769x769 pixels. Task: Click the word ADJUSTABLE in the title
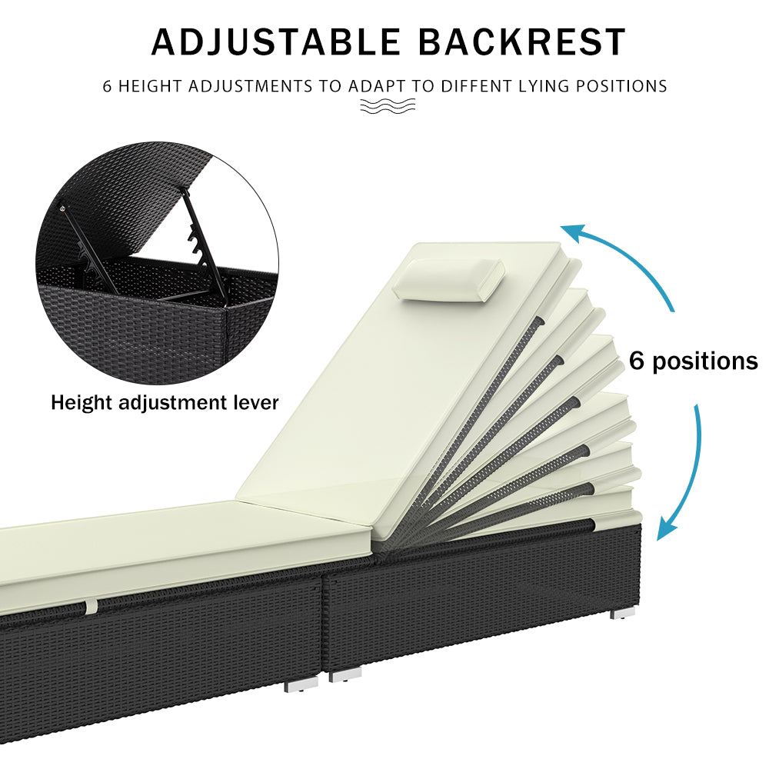point(276,42)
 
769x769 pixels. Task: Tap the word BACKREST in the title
point(522,42)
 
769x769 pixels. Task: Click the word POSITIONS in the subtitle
point(621,86)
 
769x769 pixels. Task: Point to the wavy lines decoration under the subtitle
point(388,105)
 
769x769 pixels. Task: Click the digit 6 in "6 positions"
point(636,361)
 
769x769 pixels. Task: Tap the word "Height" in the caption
point(82,404)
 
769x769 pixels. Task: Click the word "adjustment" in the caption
point(173,403)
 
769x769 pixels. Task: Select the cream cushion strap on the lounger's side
point(92,607)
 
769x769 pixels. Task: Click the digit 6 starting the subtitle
point(107,86)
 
